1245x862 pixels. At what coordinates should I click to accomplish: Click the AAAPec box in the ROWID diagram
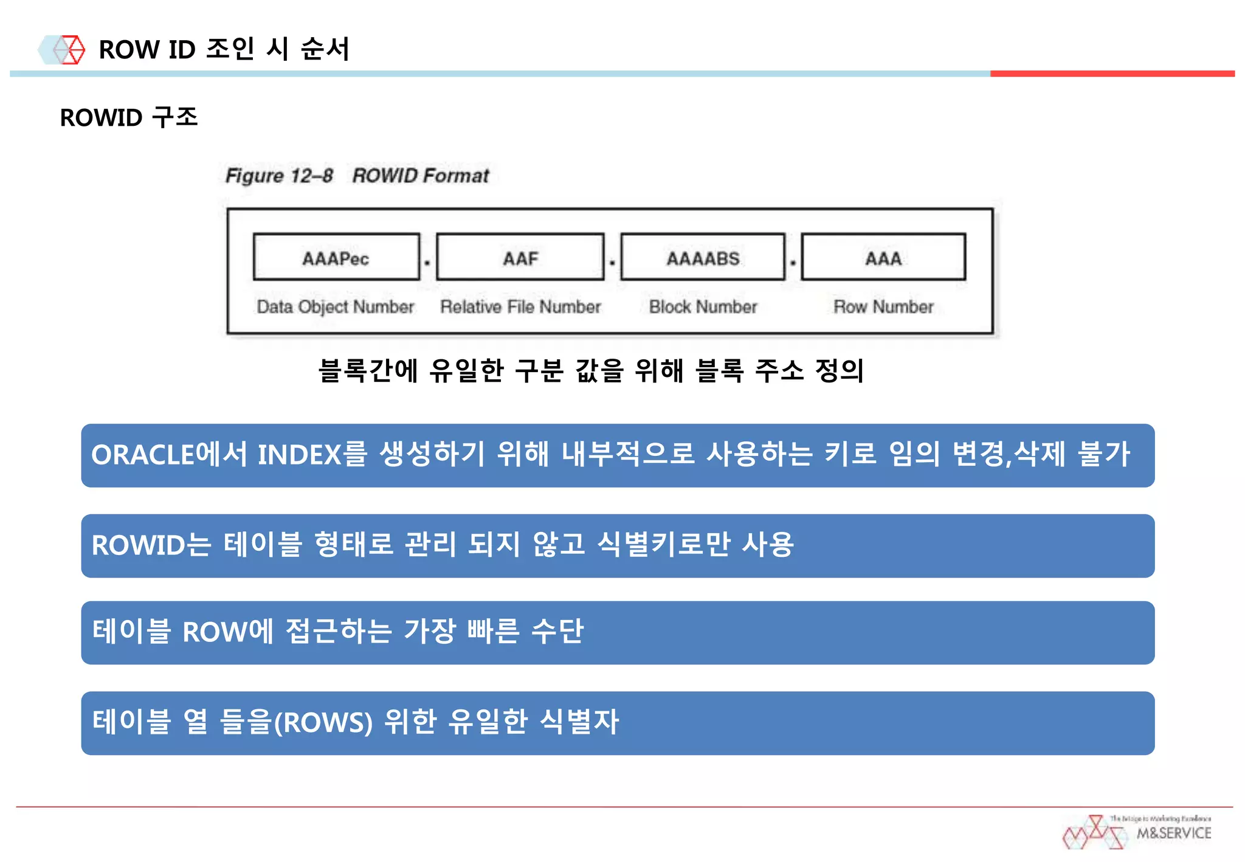pos(336,257)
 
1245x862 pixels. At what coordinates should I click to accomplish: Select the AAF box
pos(520,257)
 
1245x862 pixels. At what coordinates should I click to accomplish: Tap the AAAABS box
pos(703,257)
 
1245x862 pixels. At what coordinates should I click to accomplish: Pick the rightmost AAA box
pos(883,257)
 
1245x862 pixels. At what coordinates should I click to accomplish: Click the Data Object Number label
pos(335,307)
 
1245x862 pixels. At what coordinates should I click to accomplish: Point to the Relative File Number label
pos(520,307)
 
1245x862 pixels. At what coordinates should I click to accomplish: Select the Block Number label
pos(703,307)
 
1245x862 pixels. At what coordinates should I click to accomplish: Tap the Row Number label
pos(883,307)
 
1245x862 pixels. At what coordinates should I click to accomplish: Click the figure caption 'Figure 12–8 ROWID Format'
pos(357,176)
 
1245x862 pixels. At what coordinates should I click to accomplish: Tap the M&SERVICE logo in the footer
pos(1137,832)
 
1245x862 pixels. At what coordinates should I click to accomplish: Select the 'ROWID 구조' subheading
pos(129,117)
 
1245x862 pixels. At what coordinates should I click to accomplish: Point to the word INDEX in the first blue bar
pos(299,455)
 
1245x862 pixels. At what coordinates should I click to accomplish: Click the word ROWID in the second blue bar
pos(138,545)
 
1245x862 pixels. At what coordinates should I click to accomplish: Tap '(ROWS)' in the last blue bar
pos(323,723)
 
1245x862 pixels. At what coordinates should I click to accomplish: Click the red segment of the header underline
pos(1112,74)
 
